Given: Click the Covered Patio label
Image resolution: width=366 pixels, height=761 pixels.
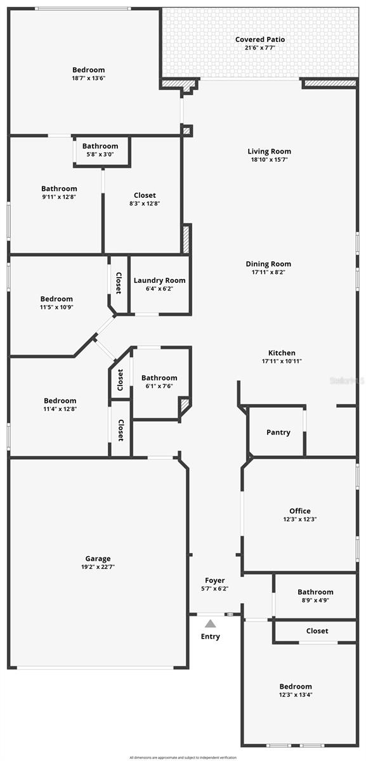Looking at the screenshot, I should pyautogui.click(x=260, y=39).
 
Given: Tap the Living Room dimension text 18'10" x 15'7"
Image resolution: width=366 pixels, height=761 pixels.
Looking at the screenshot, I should pyautogui.click(x=269, y=160).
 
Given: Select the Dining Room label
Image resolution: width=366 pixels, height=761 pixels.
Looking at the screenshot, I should pyautogui.click(x=269, y=264).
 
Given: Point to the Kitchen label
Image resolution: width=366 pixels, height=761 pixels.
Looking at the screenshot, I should pyautogui.click(x=282, y=353).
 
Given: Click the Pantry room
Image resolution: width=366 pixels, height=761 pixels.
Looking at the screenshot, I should pyautogui.click(x=278, y=433).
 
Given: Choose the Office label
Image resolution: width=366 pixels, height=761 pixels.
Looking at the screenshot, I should pyautogui.click(x=299, y=511).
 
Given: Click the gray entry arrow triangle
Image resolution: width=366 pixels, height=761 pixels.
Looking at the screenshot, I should pyautogui.click(x=210, y=624).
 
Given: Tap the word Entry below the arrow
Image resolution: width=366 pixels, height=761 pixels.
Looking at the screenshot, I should pyautogui.click(x=211, y=636).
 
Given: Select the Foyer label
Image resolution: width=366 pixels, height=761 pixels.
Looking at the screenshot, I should pyautogui.click(x=214, y=580).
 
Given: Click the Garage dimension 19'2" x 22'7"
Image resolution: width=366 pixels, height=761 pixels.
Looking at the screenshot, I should pyautogui.click(x=98, y=567).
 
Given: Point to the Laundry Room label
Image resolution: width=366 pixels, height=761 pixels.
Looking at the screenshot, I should pyautogui.click(x=159, y=280).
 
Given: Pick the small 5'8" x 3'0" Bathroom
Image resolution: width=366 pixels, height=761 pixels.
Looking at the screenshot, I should pyautogui.click(x=100, y=150).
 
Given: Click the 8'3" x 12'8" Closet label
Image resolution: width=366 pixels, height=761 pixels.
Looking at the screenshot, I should pyautogui.click(x=145, y=195).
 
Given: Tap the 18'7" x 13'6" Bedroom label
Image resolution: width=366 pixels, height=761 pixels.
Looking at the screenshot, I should pyautogui.click(x=88, y=70).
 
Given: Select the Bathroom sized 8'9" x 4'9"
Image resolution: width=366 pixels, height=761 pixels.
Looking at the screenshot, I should pyautogui.click(x=315, y=596).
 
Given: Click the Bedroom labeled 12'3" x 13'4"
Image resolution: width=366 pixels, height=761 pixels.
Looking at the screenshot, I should pyautogui.click(x=296, y=690).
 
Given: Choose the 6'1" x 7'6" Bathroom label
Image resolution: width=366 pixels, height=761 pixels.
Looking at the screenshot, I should pyautogui.click(x=159, y=378).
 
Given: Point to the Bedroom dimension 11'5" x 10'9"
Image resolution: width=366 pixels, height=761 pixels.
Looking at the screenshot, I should pyautogui.click(x=56, y=307).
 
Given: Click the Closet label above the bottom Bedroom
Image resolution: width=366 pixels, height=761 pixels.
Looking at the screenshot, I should pyautogui.click(x=317, y=631).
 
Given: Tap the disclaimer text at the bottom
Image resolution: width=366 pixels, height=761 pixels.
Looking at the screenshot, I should pyautogui.click(x=183, y=757).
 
